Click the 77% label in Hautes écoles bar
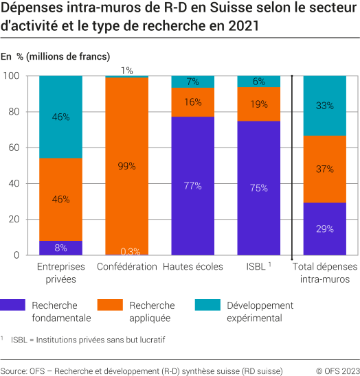(192, 185)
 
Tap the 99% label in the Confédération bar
(126, 166)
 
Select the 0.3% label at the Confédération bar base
(126, 250)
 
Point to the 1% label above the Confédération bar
(126, 71)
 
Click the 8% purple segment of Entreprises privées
(60, 248)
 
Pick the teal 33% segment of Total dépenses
(325, 106)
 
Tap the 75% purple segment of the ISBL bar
(258, 188)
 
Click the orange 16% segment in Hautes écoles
(192, 102)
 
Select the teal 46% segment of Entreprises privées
(60, 117)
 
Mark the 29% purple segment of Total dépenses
(325, 228)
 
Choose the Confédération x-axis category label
(126, 267)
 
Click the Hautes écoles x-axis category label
(192, 267)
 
